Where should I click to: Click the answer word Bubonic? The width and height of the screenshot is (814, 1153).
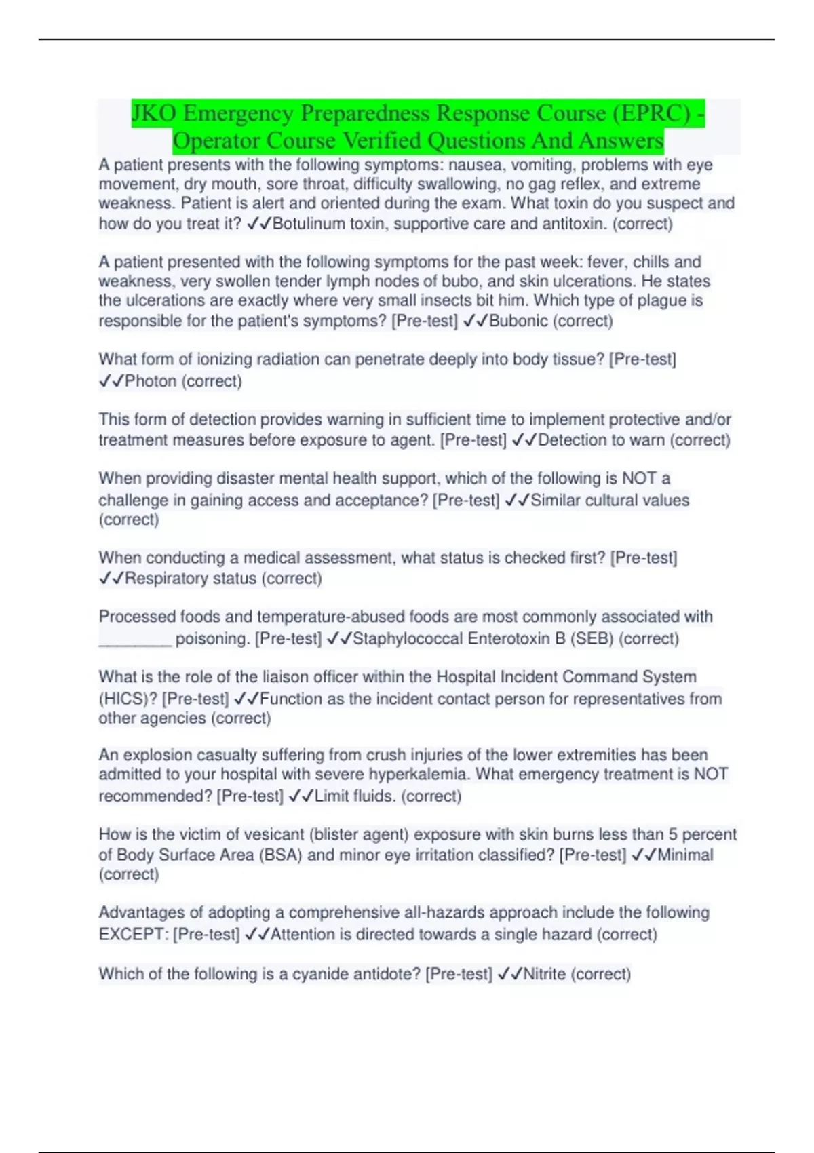pyautogui.click(x=518, y=321)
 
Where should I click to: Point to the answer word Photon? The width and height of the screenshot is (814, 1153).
pyautogui.click(x=151, y=380)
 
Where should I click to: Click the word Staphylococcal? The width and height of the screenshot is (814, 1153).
pyautogui.click(x=408, y=638)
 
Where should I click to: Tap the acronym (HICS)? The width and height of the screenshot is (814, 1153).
pyautogui.click(x=128, y=699)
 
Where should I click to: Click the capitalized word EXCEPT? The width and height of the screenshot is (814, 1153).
pyautogui.click(x=134, y=934)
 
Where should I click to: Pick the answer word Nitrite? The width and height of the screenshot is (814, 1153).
pyautogui.click(x=544, y=974)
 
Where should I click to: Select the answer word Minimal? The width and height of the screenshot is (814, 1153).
pyautogui.click(x=685, y=855)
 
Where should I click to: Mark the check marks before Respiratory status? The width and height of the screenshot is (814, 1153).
pyautogui.click(x=111, y=579)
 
